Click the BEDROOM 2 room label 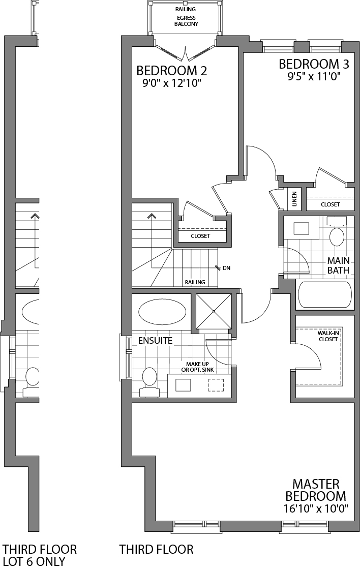(x=172, y=70)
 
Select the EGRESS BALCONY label (x=185, y=20)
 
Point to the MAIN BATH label (x=338, y=265)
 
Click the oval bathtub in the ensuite (x=162, y=312)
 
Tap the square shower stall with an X (x=214, y=311)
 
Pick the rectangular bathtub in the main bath (x=324, y=295)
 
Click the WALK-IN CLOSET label (x=328, y=336)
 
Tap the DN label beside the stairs (x=226, y=267)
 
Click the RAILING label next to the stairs (x=195, y=282)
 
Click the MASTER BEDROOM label (x=315, y=490)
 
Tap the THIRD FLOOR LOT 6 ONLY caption (x=40, y=555)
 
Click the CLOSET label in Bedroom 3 (x=330, y=204)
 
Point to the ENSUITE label (x=156, y=340)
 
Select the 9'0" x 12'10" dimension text (x=172, y=82)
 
